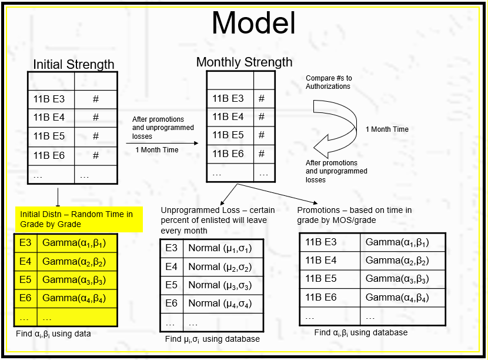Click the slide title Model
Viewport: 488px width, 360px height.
tap(253, 24)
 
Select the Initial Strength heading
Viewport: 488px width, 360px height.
tap(73, 65)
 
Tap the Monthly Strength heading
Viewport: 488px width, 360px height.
tap(244, 62)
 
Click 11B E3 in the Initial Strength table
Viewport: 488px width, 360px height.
tap(49, 99)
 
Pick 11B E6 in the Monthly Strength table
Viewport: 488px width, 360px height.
tap(228, 154)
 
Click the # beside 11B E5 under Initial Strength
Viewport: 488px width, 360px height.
tap(96, 136)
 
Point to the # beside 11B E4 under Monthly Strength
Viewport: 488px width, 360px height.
tap(262, 116)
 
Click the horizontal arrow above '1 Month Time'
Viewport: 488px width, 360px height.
tap(165, 142)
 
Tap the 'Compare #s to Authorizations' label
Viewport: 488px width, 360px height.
tap(329, 82)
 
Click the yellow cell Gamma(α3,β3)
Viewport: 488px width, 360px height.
tap(74, 279)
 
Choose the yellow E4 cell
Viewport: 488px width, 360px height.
tap(25, 261)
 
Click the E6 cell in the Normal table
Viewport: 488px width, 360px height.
tap(171, 303)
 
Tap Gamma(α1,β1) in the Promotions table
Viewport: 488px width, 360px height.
tap(397, 242)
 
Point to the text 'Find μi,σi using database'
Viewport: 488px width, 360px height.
tap(212, 339)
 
